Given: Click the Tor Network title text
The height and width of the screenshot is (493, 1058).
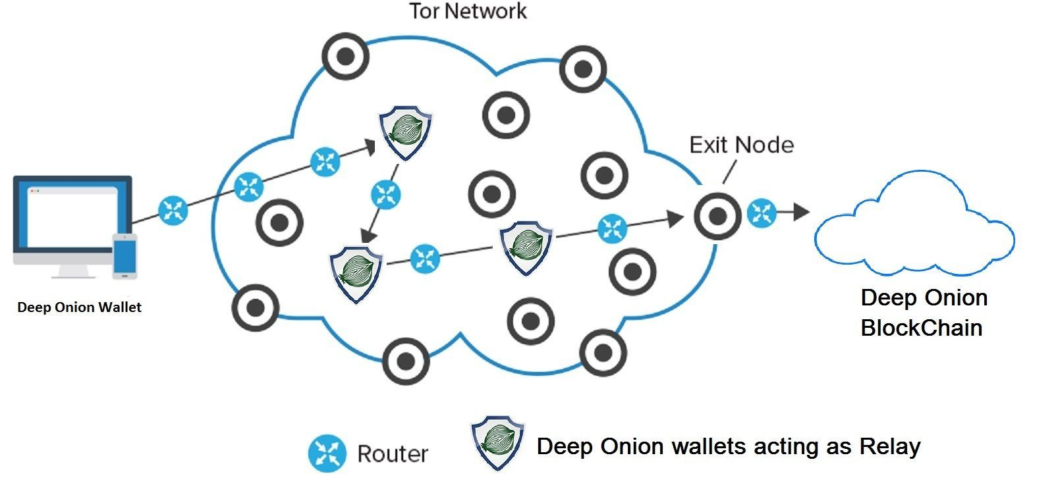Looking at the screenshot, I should [468, 11].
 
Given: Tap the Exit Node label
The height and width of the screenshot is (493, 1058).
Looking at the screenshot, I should [741, 145].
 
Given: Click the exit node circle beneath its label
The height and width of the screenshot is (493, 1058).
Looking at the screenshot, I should [717, 215].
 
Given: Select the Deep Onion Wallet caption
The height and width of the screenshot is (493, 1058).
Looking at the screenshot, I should [79, 307].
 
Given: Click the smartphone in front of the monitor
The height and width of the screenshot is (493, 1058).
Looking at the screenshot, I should [125, 255].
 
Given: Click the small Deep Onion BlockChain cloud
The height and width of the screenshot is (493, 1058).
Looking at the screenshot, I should [912, 227].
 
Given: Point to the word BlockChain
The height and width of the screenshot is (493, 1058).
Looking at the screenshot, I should [921, 328].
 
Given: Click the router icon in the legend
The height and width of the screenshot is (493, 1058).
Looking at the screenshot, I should [327, 454].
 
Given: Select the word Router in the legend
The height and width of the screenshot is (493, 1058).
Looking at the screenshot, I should [393, 454].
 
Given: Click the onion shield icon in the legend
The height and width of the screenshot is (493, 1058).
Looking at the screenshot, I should [497, 442].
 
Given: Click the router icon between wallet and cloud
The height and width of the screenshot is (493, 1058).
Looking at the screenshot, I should [173, 211].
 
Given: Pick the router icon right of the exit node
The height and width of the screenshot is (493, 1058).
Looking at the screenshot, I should [762, 213].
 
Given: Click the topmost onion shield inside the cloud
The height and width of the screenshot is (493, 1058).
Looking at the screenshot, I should [405, 133].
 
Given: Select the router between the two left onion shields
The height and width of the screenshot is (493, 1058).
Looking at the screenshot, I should [385, 194].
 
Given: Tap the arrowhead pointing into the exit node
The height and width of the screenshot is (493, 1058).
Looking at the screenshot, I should [675, 219].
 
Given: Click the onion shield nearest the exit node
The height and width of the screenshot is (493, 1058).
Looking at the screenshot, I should [525, 246].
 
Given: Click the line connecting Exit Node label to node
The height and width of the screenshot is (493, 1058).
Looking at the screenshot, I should [729, 172].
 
